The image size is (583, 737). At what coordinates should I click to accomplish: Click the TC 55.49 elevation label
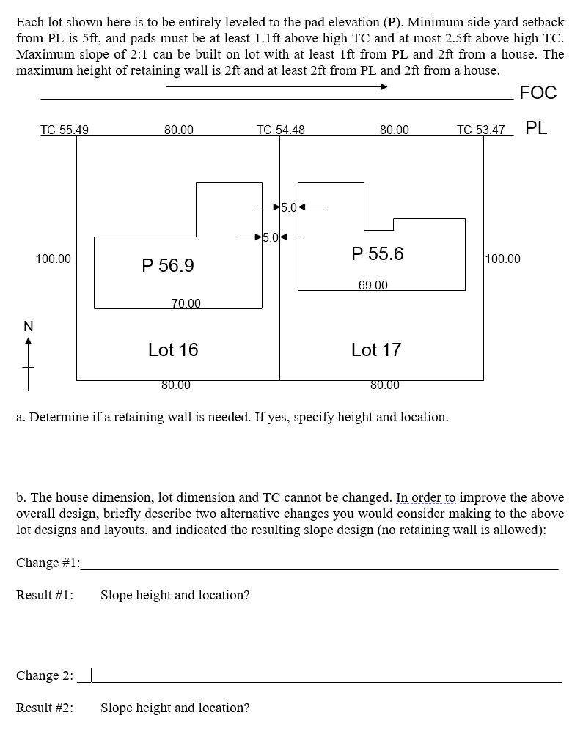coord(65,130)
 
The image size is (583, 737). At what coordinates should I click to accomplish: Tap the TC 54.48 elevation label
coord(281,130)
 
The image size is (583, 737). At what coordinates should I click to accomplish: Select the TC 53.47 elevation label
coord(481,130)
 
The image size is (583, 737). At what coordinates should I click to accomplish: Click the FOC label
coord(538,92)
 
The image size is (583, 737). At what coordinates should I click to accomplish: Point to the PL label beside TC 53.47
coord(536,128)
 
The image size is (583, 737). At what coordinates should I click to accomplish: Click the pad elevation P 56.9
coord(168,265)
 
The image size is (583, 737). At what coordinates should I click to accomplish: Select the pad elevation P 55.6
coord(378,253)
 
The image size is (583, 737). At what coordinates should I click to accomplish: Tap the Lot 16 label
coord(173,349)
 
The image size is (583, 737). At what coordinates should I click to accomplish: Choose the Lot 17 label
coord(376,349)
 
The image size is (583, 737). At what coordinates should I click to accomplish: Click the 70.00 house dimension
coord(186,303)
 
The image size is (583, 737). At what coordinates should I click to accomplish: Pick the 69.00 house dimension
coord(373,285)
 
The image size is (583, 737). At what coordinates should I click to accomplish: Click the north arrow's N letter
coord(28,326)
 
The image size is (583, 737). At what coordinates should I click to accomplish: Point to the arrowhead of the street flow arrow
coord(384,87)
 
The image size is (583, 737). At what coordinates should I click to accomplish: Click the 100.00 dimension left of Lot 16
coord(54,259)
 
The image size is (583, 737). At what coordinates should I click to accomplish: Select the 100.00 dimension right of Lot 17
coord(503,259)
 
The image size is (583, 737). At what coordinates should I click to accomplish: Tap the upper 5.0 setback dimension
coord(289,207)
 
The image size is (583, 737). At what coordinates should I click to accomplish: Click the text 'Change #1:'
coord(48,563)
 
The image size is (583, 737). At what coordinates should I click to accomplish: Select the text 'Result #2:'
coord(45,708)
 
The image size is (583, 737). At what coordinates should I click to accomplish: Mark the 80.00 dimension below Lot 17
coord(385,385)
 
